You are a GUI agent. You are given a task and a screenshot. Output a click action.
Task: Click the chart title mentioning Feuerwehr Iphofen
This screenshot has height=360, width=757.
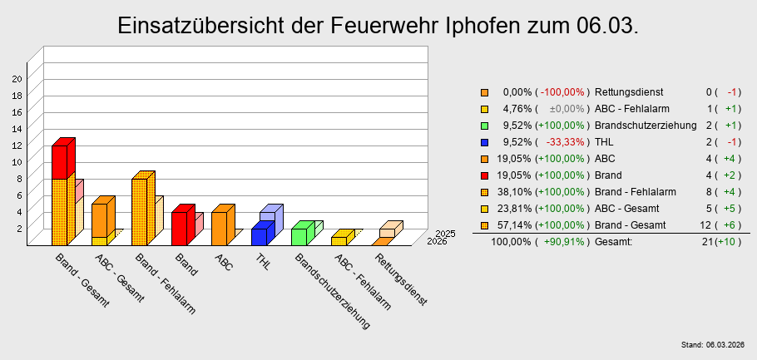point(378,26)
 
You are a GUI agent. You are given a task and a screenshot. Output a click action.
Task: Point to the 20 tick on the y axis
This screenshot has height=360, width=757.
point(17,78)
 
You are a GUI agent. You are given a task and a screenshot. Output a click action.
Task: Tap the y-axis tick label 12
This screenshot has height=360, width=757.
point(17,144)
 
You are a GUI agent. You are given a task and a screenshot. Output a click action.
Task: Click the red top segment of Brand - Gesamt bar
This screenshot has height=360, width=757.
point(59,162)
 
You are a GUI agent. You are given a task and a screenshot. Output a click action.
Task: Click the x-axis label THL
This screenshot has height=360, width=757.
point(264,262)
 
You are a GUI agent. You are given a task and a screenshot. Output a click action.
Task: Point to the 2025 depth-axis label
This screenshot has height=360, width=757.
point(445,234)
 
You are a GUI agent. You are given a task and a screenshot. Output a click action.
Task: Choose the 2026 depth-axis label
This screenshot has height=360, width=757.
point(436,241)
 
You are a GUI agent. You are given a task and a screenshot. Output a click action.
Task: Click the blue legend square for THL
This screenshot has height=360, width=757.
point(484,142)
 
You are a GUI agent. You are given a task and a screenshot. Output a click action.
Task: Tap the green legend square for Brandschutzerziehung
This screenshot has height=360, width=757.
point(484,126)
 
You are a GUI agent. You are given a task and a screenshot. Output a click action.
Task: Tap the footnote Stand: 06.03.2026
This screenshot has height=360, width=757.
point(713,344)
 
